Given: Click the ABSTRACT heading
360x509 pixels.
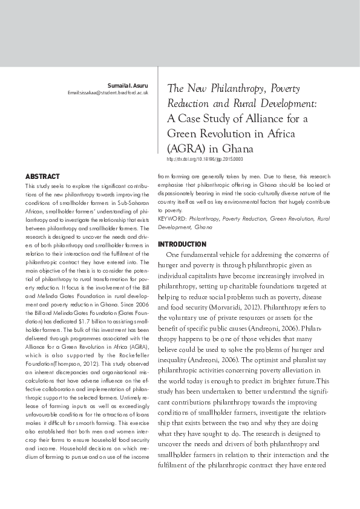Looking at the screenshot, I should (x=42, y=177).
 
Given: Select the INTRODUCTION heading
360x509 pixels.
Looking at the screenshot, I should (x=182, y=244).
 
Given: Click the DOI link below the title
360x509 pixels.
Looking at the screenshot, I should (x=204, y=158).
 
